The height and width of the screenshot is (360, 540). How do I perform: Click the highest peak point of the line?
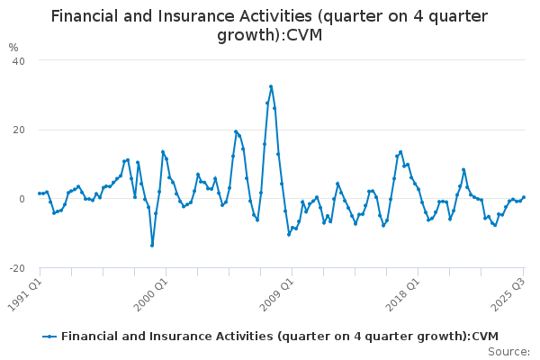271,86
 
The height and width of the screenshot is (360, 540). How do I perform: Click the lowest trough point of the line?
152,245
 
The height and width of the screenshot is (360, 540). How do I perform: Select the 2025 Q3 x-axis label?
509,292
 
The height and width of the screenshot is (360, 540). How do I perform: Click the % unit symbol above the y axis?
13,48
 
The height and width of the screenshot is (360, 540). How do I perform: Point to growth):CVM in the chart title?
269,36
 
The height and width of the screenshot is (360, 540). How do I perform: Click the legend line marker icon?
49,336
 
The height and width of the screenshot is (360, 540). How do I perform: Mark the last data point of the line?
524,197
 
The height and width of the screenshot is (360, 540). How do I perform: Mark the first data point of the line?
40,193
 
